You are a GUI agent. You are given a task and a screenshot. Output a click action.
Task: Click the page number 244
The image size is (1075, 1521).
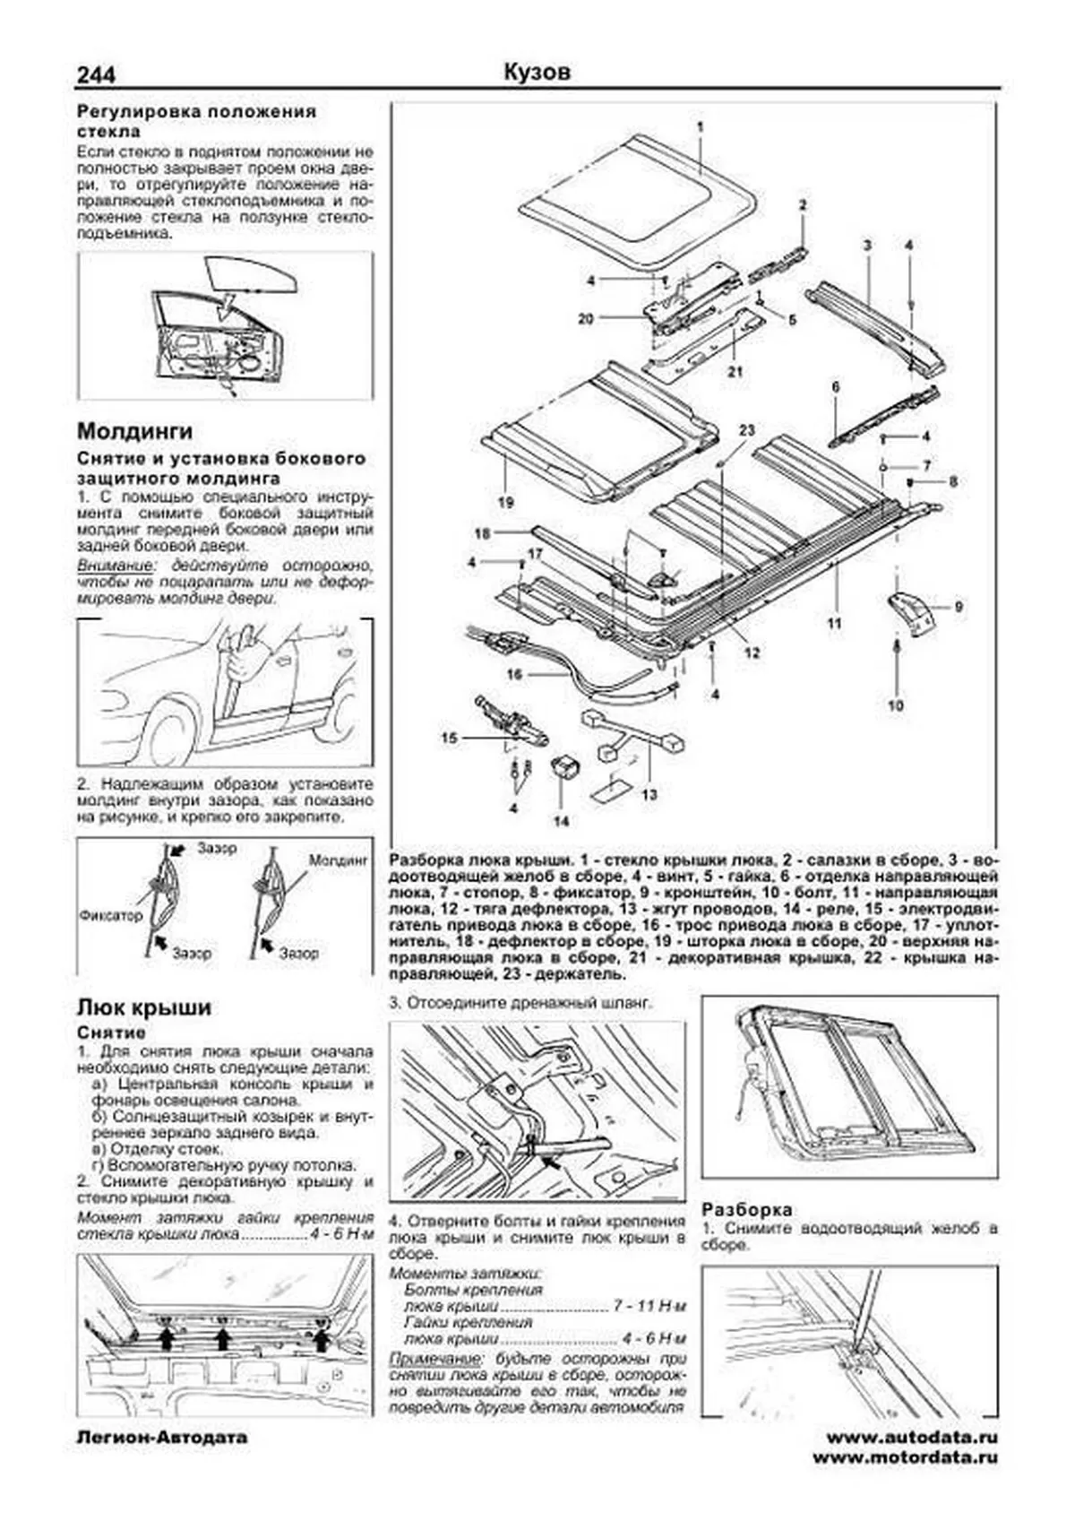point(96,74)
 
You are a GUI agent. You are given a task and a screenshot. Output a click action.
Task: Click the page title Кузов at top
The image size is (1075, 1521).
point(537,73)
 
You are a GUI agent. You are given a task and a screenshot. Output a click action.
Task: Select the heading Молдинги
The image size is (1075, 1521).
point(135,432)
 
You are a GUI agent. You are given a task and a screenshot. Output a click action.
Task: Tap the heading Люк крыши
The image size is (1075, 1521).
point(144,1007)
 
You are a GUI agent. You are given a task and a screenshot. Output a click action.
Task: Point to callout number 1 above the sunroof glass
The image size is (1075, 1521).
point(701,126)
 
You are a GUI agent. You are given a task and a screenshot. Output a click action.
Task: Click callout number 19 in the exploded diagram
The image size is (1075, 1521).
point(506,503)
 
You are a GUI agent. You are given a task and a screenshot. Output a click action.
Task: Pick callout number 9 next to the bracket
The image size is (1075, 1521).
point(958,607)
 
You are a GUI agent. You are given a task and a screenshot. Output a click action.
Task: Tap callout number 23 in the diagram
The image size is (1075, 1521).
point(747,430)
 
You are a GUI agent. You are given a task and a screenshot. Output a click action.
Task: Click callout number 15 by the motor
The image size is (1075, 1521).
point(450,738)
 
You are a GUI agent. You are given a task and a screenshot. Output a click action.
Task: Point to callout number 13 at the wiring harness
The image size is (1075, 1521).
point(649,794)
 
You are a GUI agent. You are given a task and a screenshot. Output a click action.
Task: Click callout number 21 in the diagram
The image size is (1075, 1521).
point(735,372)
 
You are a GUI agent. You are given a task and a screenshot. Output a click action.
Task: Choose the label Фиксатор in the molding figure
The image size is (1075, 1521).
point(111,917)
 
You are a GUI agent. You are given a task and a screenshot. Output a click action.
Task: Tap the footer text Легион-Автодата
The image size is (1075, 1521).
point(161,1438)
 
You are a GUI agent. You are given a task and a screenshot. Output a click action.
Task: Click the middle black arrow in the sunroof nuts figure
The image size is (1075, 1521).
point(224,1339)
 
